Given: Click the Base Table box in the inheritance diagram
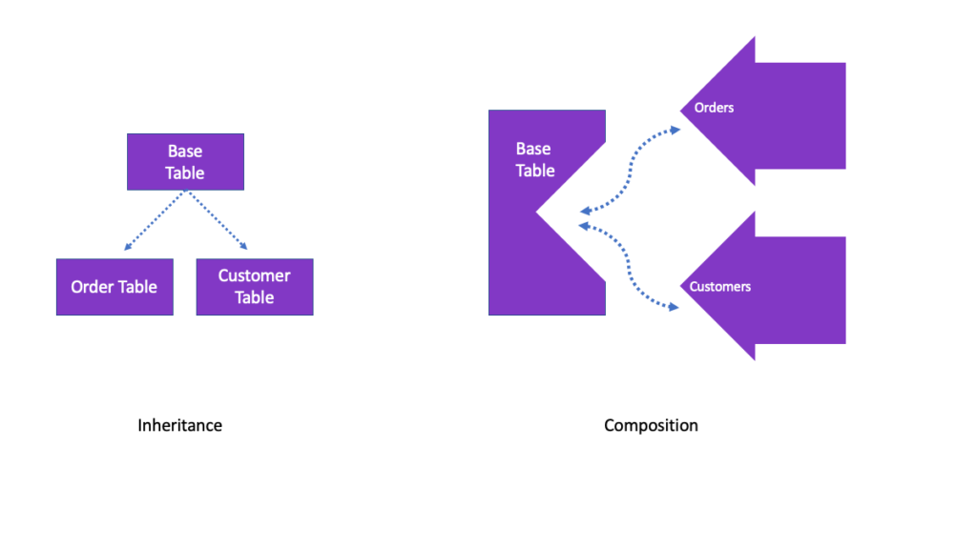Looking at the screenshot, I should (185, 162).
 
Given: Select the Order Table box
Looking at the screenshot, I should (114, 287).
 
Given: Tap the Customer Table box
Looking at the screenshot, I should (254, 287).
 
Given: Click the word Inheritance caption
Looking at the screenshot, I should (179, 425).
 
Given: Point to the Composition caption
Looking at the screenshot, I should (651, 425).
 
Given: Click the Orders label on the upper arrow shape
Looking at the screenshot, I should (714, 108).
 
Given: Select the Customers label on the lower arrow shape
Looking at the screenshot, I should (719, 286).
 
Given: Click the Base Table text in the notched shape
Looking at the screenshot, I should (534, 159).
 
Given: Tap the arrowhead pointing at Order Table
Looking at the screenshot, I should (128, 248).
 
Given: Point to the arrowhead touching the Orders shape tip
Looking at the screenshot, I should (676, 129).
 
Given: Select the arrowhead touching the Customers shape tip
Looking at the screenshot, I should (676, 307).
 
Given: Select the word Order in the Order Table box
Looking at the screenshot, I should (93, 287).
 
